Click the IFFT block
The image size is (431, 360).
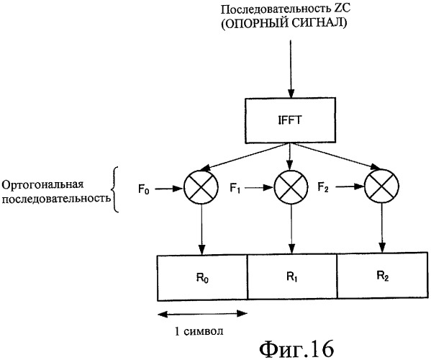290,120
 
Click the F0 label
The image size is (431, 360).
144,189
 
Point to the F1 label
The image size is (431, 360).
235,189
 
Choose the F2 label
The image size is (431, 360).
323,188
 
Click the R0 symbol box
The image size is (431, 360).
202,278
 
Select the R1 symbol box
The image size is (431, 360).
292,276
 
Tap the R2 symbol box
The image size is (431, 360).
383,275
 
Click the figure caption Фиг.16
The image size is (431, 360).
296,349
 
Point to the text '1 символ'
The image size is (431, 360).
199,331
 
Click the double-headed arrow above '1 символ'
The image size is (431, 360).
202,314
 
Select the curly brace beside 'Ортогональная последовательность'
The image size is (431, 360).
115,189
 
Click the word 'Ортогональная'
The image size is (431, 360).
42,184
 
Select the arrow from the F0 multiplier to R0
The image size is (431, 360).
201,230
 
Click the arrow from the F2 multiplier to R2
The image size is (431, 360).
382,228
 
